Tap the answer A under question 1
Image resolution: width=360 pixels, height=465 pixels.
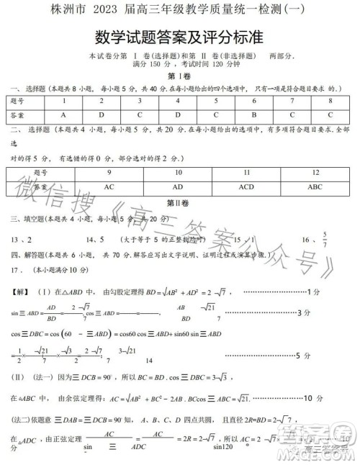(63, 115)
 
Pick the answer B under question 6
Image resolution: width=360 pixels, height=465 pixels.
(254, 115)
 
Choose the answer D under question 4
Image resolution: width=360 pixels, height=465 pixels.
(178, 115)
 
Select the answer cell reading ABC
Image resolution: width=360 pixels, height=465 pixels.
(315, 186)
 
